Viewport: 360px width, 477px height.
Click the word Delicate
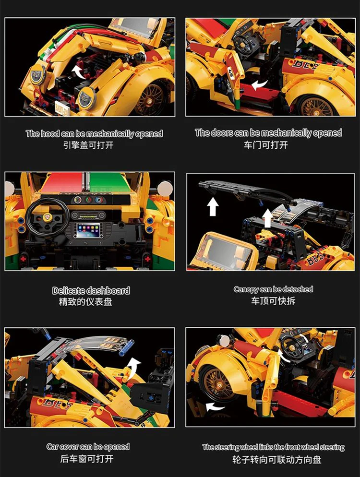pos(70,291)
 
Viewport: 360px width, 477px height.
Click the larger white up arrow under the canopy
pos(214,206)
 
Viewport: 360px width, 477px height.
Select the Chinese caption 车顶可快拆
pos(273,301)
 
